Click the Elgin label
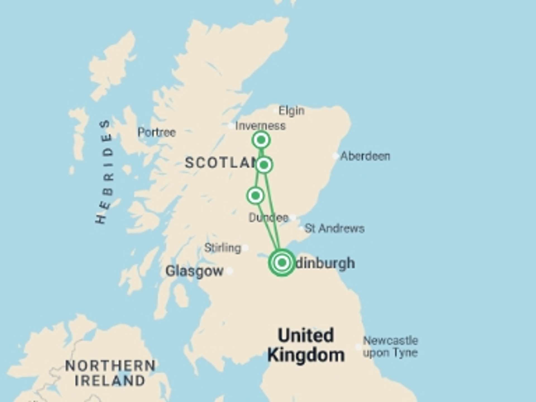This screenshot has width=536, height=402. coord(291,111)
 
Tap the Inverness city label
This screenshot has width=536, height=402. coord(260,126)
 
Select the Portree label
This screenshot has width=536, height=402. coord(157,132)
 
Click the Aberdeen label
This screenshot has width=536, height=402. coord(365,156)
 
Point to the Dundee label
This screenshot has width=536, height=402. coord(268,218)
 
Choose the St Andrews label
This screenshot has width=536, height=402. coord(334,229)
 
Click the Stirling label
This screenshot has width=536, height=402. coord(222,248)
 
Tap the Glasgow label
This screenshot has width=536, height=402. coord(194,271)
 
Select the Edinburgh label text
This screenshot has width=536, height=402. coord(325,263)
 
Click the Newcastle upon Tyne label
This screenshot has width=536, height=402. coord(390,347)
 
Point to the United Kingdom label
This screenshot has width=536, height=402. coord(306,345)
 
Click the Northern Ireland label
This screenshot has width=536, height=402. coord(110,373)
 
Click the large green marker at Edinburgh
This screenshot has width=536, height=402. coord(282,262)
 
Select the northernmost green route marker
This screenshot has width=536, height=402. coord(261,140)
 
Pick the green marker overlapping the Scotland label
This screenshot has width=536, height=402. coord(264,165)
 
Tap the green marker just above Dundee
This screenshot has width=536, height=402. coord(255,195)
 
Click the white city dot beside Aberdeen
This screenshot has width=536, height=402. coord(336,156)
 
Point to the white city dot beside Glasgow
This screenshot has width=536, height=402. coord(229,271)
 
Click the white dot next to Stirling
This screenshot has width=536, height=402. coord(245,248)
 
